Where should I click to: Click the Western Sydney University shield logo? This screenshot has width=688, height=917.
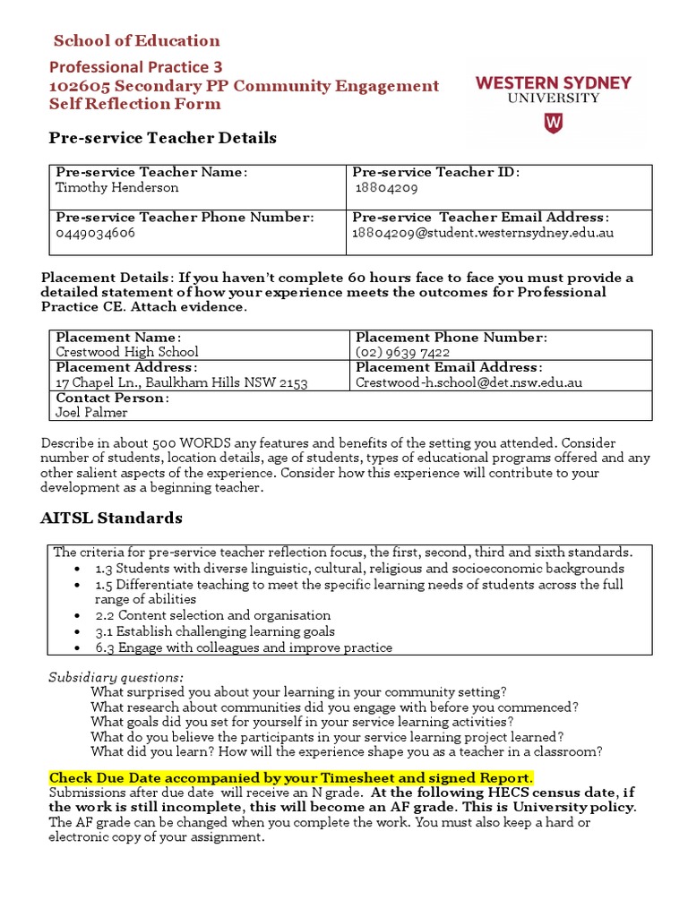coord(554,123)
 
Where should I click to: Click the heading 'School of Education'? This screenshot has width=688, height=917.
coord(136,40)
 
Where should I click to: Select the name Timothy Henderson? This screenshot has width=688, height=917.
coord(116,187)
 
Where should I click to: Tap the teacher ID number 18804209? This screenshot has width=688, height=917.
coord(387,188)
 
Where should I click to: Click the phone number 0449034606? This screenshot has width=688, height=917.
coord(96,233)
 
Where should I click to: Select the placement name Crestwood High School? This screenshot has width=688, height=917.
coord(127,352)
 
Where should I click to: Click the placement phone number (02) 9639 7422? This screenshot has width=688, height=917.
coord(402,352)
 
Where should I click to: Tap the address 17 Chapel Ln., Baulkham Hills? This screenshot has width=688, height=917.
coord(181,382)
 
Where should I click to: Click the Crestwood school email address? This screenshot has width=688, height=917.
coord(469,382)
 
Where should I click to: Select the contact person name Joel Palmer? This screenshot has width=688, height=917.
coord(91,413)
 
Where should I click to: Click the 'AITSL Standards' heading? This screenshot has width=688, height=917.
coord(111,518)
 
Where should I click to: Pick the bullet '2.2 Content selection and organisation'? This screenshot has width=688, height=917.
coord(213,615)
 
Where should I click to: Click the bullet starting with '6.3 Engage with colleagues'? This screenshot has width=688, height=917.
coord(244,647)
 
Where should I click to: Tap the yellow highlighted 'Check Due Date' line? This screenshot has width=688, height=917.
coord(291,776)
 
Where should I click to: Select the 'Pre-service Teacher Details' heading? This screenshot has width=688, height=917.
coord(161,138)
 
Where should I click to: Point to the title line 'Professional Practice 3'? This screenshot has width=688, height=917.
coord(135,67)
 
